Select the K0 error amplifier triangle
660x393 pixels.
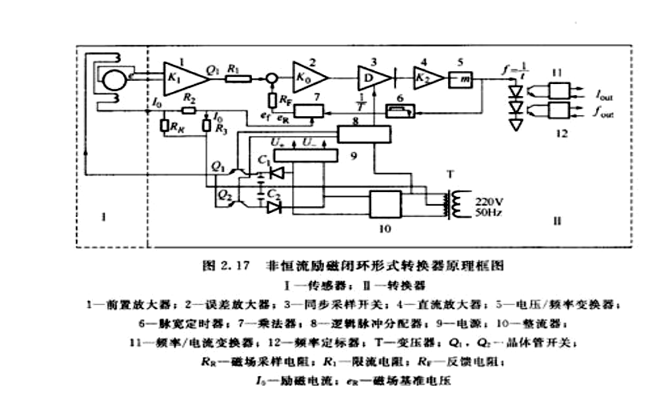click(307, 77)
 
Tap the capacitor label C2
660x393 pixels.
click(272, 193)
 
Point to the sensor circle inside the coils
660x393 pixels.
click(112, 79)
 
